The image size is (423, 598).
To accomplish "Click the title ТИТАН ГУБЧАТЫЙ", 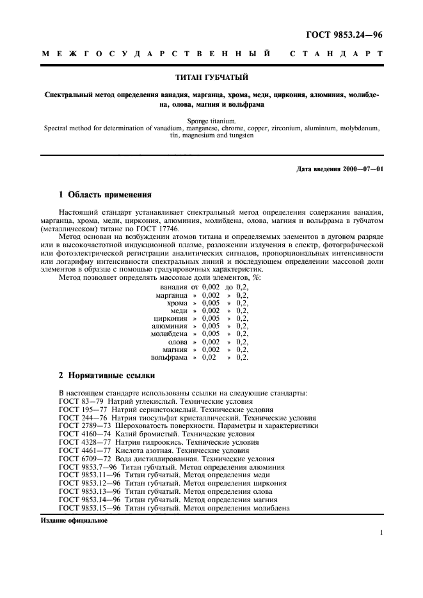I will tap(211, 79).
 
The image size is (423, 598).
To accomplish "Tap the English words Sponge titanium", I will tap(211, 120).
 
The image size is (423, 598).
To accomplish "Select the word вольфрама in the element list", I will tap(170, 357).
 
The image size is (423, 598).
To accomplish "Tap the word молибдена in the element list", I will tap(169, 333).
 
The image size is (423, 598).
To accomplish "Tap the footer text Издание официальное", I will tap(74, 520).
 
